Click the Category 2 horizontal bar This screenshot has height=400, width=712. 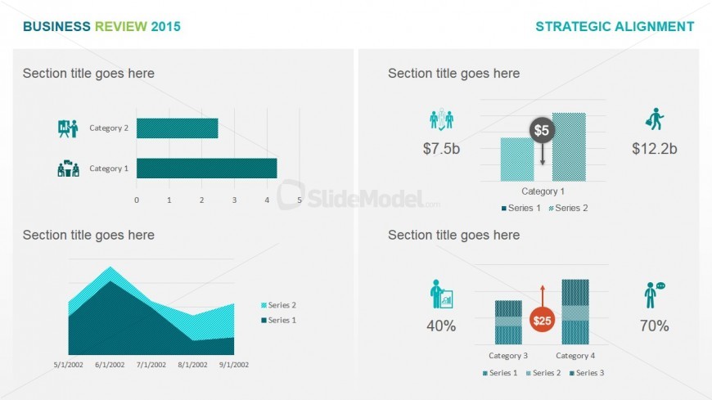(177, 128)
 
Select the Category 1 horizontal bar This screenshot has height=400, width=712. (206, 169)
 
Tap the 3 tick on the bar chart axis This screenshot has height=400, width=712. (234, 200)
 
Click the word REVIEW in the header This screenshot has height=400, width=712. (121, 26)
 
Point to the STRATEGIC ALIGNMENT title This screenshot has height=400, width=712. (615, 26)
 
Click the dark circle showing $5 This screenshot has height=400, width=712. (542, 131)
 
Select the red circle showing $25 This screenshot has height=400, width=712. (542, 321)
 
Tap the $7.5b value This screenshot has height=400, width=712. (441, 149)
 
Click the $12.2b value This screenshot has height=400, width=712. (655, 149)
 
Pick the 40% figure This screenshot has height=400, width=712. (441, 326)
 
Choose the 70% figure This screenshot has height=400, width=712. (655, 326)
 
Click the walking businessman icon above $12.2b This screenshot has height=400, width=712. (655, 119)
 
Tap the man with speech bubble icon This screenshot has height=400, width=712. (654, 295)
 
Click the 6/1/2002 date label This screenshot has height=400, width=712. (110, 365)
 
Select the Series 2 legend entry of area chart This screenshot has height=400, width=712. (278, 305)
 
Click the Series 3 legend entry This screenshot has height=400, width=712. (587, 373)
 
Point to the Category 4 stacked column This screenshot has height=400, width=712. (575, 312)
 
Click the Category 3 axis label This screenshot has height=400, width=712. (508, 356)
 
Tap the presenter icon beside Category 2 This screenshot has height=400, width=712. (68, 128)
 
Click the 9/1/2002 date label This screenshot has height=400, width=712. (234, 365)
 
